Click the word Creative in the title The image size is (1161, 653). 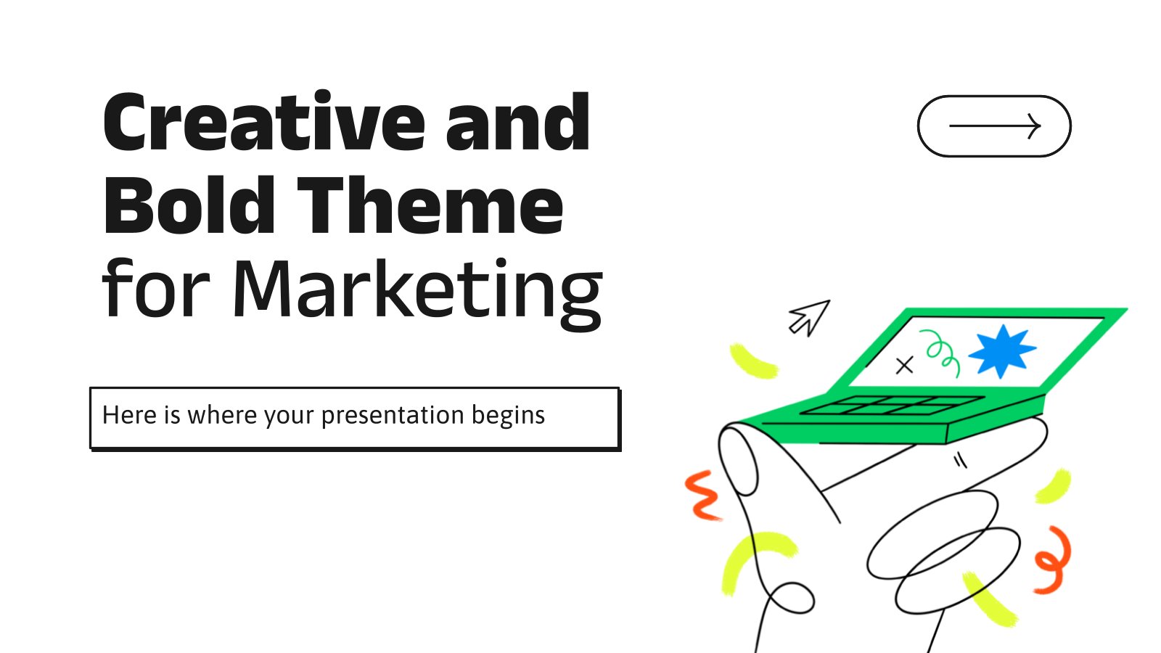pyautogui.click(x=264, y=123)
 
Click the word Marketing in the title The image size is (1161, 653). pyautogui.click(x=418, y=293)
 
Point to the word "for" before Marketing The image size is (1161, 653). pyautogui.click(x=155, y=287)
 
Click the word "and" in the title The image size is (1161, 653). pyautogui.click(x=518, y=123)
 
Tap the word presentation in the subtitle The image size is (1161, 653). pyautogui.click(x=393, y=416)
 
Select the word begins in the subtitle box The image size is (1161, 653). pyautogui.click(x=508, y=416)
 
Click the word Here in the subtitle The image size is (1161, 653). pyautogui.click(x=129, y=415)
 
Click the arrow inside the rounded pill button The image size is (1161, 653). pyautogui.click(x=995, y=126)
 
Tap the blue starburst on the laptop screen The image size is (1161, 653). pyautogui.click(x=1002, y=351)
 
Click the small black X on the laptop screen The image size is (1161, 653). pyautogui.click(x=904, y=366)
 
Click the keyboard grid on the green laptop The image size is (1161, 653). pyautogui.click(x=892, y=406)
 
